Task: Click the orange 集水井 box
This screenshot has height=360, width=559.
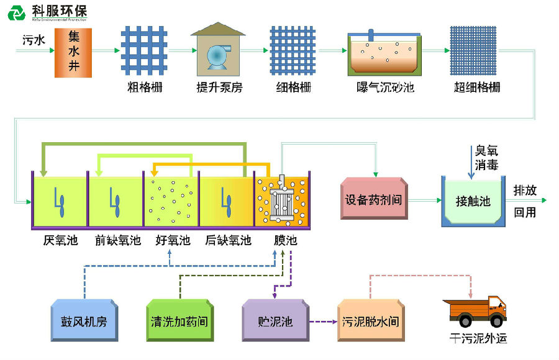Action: [73, 53]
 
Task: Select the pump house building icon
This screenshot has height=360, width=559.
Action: [217, 52]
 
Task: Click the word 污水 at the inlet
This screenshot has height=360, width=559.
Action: [34, 40]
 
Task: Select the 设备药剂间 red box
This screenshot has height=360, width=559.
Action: [375, 200]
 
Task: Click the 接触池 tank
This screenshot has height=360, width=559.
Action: [473, 201]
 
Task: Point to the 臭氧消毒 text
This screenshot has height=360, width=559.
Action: [486, 157]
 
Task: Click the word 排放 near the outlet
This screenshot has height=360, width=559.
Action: [525, 191]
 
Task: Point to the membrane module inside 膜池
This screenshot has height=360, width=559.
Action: [282, 200]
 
